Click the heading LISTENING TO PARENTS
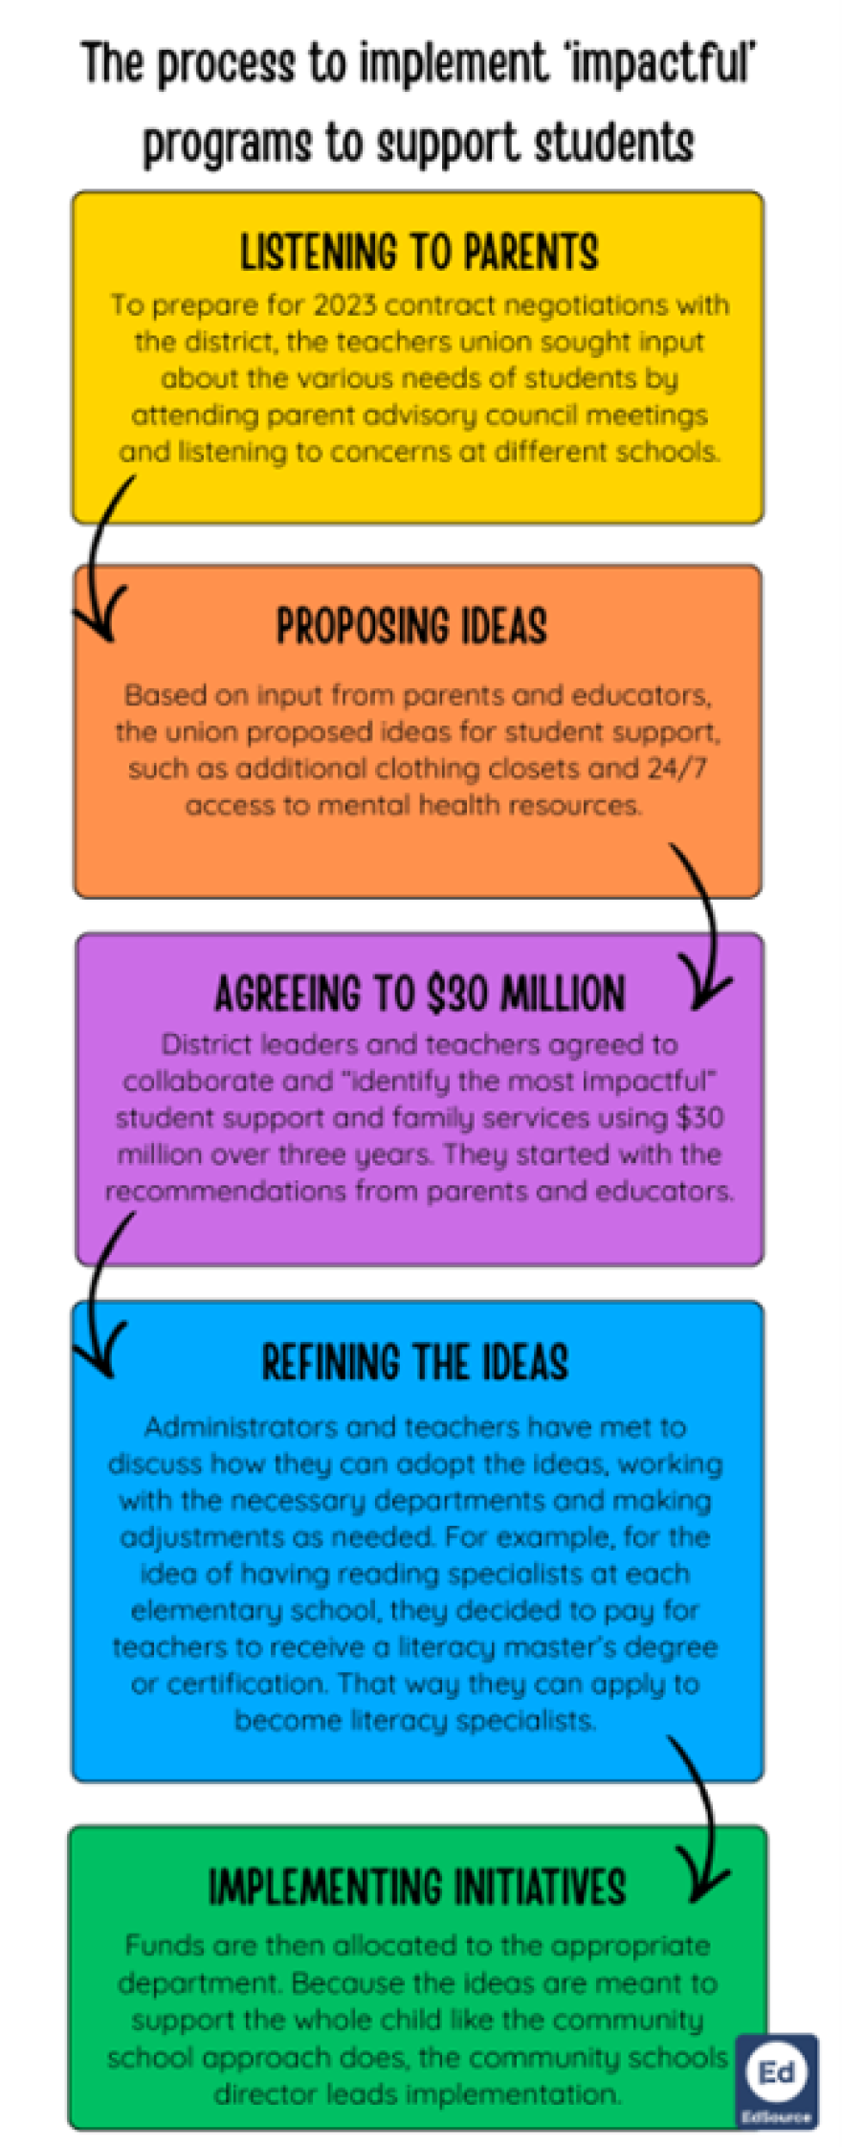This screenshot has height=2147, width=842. (419, 253)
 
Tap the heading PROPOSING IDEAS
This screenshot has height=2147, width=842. (411, 627)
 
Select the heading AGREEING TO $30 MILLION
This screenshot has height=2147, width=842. (419, 994)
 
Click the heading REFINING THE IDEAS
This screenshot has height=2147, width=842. (415, 1362)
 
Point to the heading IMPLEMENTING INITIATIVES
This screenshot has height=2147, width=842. (417, 1888)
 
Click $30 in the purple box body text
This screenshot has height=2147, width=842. (698, 1118)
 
